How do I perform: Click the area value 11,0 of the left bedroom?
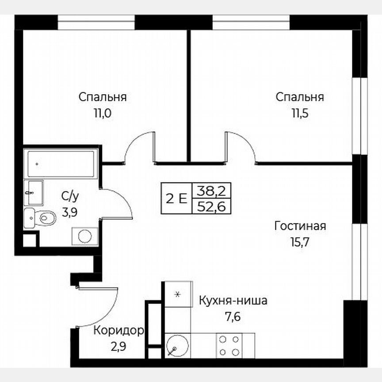point(102,113)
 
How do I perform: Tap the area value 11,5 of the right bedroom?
point(299,113)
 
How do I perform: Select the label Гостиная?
point(300,226)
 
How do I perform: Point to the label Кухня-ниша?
point(233,301)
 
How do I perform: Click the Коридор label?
point(118,330)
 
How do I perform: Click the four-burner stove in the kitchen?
point(229,345)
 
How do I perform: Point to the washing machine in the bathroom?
point(84,235)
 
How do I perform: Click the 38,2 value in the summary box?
point(211,191)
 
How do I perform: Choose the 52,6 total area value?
point(211,206)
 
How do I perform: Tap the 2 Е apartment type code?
point(176,199)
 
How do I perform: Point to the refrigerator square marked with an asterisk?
point(178,294)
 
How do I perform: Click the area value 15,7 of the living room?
point(299,242)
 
